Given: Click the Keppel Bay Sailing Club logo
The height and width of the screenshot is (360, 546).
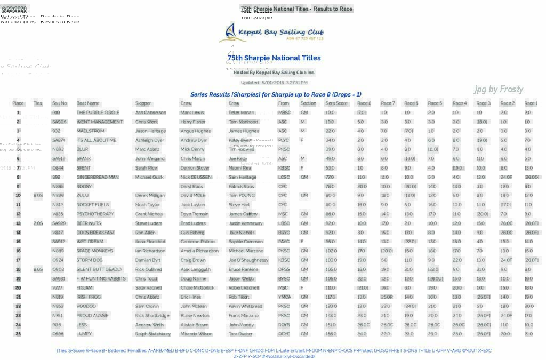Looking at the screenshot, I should click(x=272, y=33).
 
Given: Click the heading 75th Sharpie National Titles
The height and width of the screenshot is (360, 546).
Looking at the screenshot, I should click(x=274, y=58).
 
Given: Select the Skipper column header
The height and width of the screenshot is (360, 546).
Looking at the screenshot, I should click(x=143, y=103).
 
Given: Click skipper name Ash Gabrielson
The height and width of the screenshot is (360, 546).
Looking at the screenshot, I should click(x=151, y=113).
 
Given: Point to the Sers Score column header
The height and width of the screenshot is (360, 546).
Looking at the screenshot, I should click(x=336, y=103).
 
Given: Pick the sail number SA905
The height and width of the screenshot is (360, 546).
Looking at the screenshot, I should click(x=59, y=122).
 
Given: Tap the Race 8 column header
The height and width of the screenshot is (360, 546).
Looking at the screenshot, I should click(x=364, y=103).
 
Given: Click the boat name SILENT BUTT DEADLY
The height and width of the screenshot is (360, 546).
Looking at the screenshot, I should click(x=100, y=269).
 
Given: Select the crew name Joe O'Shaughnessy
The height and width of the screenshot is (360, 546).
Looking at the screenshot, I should click(x=248, y=260).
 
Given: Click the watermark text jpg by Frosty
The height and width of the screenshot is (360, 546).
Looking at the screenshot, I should click(x=499, y=89).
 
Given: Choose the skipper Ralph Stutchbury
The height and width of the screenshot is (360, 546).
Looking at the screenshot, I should click(x=153, y=334).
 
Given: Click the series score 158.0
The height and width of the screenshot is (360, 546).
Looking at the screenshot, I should click(x=331, y=334).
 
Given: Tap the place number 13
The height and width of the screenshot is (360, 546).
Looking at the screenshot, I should click(x=18, y=223).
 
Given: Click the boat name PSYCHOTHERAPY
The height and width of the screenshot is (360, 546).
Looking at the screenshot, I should click(x=95, y=214).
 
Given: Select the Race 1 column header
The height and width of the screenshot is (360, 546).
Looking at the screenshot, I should click(x=531, y=103).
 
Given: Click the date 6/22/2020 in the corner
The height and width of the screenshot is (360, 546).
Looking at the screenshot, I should click(x=14, y=10).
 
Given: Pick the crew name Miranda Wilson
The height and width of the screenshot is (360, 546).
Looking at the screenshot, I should click(x=196, y=334).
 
